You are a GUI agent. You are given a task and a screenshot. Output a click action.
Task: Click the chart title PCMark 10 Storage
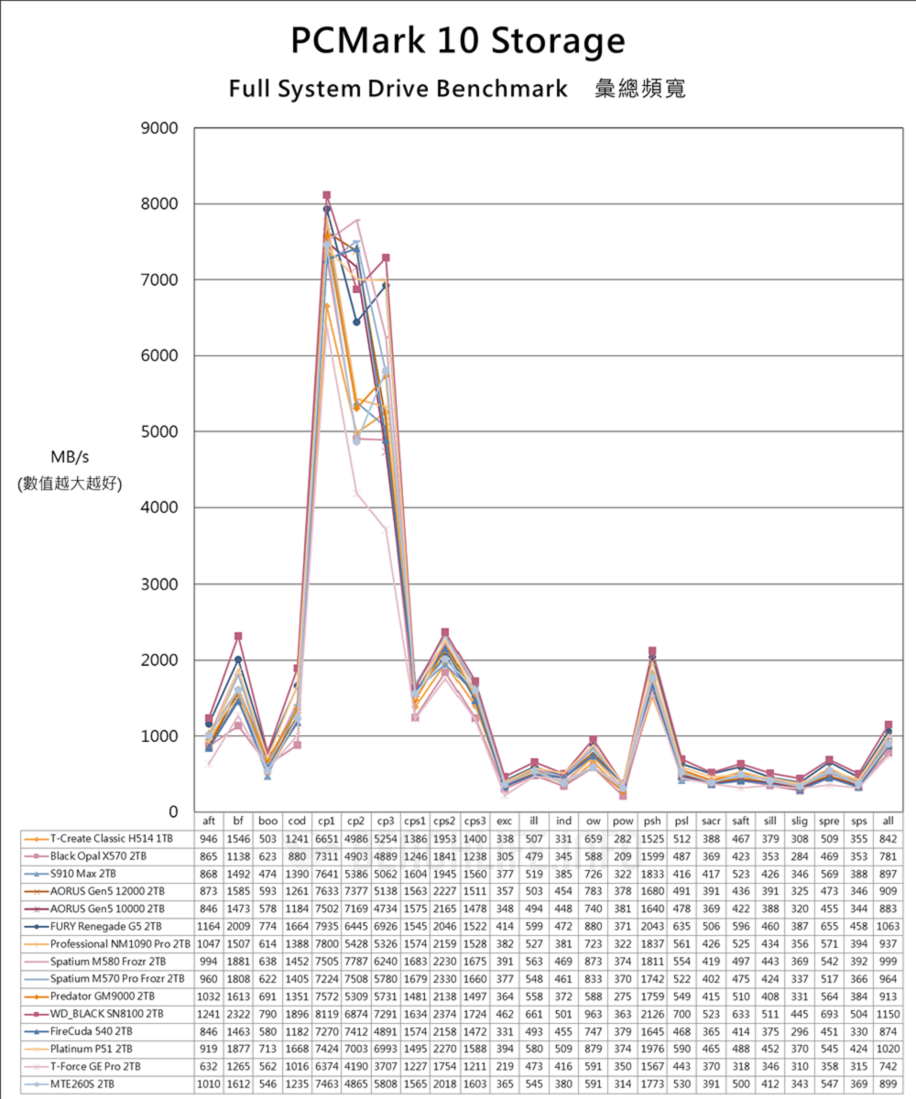[x=458, y=42]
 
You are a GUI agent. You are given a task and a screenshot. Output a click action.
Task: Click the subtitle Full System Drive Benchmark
[x=398, y=89]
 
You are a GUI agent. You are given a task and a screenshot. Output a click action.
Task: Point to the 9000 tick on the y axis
[x=159, y=128]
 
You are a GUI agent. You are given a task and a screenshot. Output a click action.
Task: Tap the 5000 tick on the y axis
[x=159, y=431]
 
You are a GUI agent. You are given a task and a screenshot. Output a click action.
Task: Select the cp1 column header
[x=326, y=822]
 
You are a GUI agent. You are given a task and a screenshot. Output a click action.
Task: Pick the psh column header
[x=652, y=822]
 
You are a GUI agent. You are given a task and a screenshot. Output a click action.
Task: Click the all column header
[x=888, y=822]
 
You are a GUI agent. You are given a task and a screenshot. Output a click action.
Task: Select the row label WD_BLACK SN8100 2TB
[x=107, y=1014]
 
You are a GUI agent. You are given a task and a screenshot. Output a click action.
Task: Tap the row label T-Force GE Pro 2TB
[x=95, y=1067]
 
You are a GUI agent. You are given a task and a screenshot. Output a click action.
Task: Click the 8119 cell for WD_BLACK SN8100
[x=326, y=1014]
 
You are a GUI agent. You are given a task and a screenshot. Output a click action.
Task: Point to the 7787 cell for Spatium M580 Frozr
[x=356, y=962]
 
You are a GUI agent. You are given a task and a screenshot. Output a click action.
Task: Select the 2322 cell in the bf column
[x=238, y=1014]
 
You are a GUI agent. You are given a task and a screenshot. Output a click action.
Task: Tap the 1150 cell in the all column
[x=888, y=1014]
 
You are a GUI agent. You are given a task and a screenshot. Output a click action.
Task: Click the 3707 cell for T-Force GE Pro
[x=386, y=1067]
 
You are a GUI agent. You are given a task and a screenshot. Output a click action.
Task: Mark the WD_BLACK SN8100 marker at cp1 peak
[x=326, y=195]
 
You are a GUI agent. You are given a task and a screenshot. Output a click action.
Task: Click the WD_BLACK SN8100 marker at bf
[x=238, y=636]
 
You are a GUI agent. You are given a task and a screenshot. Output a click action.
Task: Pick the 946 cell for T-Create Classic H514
[x=209, y=838]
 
